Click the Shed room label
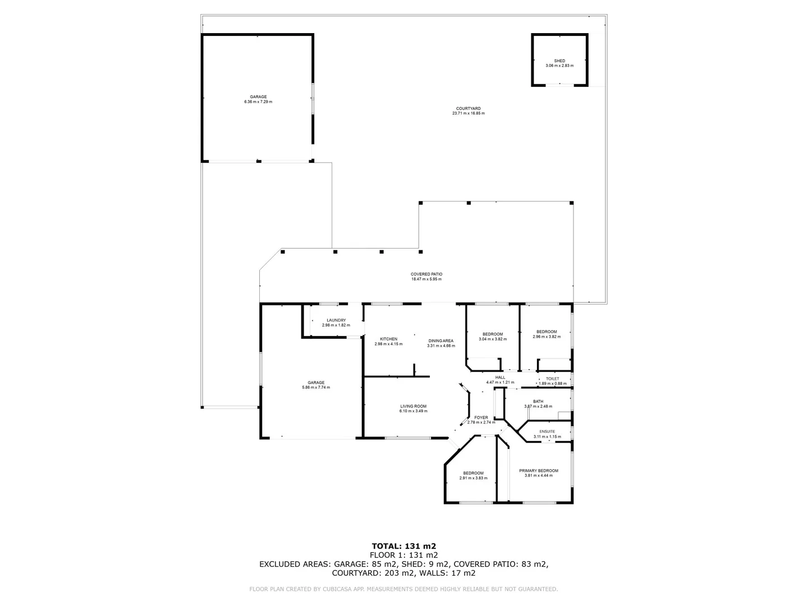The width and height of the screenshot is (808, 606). pyautogui.click(x=559, y=61)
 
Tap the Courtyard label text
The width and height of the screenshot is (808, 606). pyautogui.click(x=468, y=108)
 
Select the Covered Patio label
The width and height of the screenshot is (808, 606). pyautogui.click(x=426, y=274)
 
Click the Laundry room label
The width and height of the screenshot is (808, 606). pyautogui.click(x=336, y=320)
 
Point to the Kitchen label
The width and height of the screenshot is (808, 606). pyautogui.click(x=388, y=339)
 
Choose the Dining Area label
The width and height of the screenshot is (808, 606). pyautogui.click(x=440, y=341)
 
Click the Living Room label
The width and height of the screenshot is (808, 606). pyautogui.click(x=413, y=406)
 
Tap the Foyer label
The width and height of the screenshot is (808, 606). pyautogui.click(x=481, y=417)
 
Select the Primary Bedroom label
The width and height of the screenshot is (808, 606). pyautogui.click(x=538, y=471)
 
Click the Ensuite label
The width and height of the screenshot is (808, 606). pyautogui.click(x=547, y=431)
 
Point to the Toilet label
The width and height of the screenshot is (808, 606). pyautogui.click(x=553, y=379)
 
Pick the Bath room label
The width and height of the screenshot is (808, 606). pyautogui.click(x=538, y=401)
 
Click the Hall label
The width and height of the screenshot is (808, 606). pyautogui.click(x=500, y=377)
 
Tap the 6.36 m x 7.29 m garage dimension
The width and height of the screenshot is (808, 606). pyautogui.click(x=258, y=102)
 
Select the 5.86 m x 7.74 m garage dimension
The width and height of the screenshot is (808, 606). pyautogui.click(x=316, y=387)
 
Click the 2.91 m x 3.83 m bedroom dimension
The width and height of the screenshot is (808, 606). pyautogui.click(x=473, y=478)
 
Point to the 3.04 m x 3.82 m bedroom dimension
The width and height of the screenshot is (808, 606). pyautogui.click(x=493, y=339)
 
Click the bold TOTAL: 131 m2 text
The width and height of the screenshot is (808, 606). pyautogui.click(x=404, y=545)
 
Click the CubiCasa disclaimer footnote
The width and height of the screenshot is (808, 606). pyautogui.click(x=403, y=589)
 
